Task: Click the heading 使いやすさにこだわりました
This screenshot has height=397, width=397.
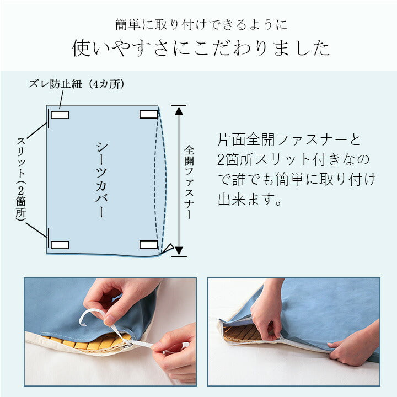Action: [x=201, y=49]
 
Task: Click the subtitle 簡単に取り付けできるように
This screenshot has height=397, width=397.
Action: [x=201, y=25]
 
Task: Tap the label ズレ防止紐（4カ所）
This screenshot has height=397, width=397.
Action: [x=77, y=84]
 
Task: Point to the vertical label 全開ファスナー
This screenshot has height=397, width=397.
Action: [x=189, y=183]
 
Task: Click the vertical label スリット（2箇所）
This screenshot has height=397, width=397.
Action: [x=21, y=179]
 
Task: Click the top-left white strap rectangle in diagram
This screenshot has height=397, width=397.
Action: [x=60, y=115]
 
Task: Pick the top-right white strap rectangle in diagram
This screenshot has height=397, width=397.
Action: [x=148, y=114]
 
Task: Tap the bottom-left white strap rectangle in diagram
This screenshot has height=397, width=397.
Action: [x=60, y=244]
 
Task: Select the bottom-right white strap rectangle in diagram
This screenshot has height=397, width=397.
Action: [x=148, y=244]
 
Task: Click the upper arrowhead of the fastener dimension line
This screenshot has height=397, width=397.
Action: [x=179, y=110]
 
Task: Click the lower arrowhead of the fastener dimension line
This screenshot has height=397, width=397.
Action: [x=179, y=251]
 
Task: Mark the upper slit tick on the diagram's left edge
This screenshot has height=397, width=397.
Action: [x=48, y=117]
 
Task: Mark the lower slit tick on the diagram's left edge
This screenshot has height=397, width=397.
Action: [x=48, y=239]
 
